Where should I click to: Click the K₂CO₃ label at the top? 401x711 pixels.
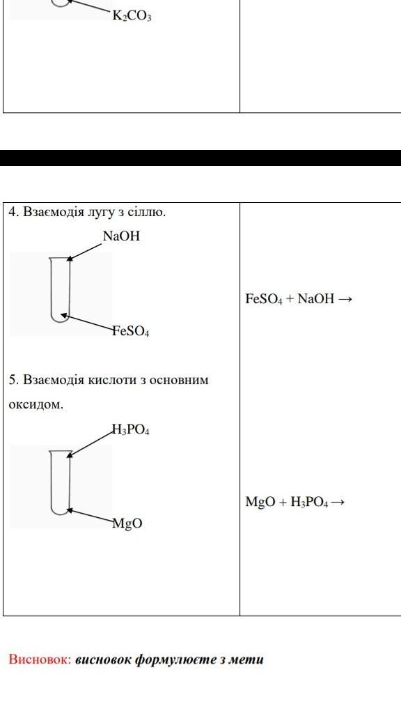point(132,17)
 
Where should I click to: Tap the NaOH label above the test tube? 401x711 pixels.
point(121,236)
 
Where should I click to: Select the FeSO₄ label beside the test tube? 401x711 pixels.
point(132,332)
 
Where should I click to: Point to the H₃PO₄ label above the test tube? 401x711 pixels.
point(131,430)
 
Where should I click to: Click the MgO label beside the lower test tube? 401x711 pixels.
point(128,523)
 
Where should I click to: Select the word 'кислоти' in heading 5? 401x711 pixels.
point(111,379)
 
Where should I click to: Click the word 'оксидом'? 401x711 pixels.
point(36,404)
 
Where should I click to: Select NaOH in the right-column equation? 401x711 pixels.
point(316,299)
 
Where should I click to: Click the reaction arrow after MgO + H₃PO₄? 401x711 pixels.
point(338,503)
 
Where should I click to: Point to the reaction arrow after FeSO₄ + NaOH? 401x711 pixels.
point(345,299)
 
